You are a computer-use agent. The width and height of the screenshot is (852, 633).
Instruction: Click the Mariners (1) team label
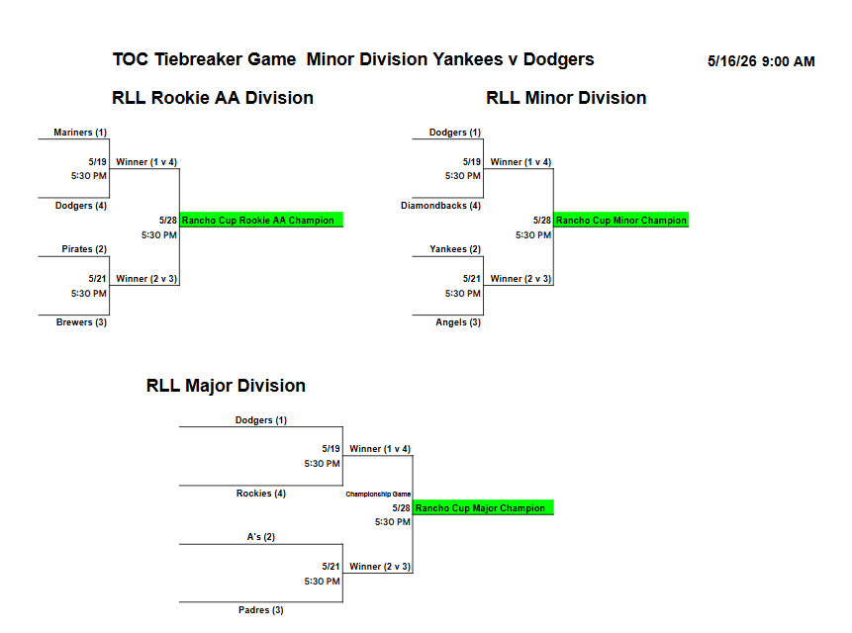(80, 132)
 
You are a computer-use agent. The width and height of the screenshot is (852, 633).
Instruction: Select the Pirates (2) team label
(84, 248)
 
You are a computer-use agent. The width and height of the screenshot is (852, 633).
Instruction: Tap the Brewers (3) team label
(81, 321)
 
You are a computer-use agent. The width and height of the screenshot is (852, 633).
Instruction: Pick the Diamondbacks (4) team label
(440, 205)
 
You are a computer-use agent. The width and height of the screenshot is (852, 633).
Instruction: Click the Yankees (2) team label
(455, 248)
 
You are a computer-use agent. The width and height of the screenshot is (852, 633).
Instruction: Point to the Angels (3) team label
(458, 321)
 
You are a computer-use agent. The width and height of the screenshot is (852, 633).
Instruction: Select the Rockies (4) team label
(261, 493)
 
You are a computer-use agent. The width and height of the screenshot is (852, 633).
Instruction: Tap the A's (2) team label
(261, 536)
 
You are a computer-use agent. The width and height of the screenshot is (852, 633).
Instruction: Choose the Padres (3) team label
(261, 609)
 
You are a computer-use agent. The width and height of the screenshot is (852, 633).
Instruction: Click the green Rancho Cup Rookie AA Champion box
(261, 220)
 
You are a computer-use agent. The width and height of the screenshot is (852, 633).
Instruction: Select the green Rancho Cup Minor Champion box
(621, 220)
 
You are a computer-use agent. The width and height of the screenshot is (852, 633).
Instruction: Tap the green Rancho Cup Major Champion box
(483, 507)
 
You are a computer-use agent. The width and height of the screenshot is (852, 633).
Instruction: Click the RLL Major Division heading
(226, 386)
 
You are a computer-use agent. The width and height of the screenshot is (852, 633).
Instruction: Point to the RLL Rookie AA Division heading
(213, 98)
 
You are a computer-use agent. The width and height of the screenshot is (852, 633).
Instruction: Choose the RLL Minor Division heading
(566, 98)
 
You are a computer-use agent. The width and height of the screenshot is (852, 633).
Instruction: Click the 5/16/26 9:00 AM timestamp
(761, 61)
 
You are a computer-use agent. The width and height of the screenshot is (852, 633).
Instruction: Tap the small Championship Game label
(378, 494)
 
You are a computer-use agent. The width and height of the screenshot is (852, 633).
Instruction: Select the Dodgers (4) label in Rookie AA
(81, 205)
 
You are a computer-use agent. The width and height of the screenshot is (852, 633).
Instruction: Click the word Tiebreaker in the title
(225, 59)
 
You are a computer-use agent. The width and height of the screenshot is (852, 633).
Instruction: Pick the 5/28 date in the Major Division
(401, 507)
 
